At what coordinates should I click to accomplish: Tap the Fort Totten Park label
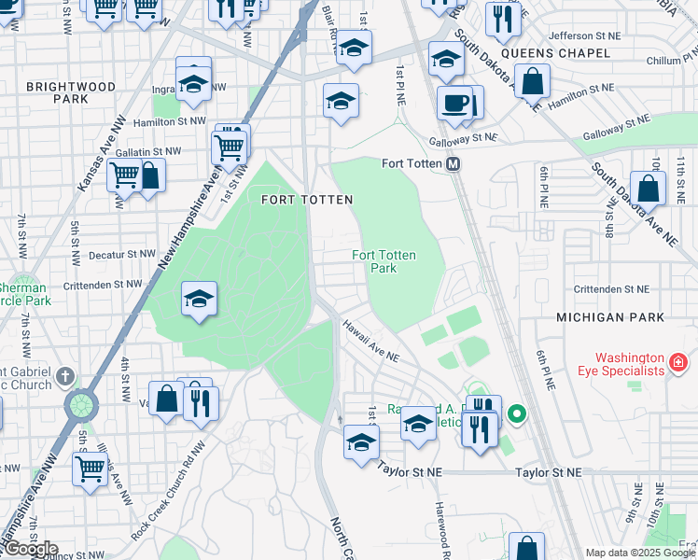pyautogui.click(x=384, y=261)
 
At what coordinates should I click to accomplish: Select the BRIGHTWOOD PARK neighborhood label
pyautogui.click(x=71, y=92)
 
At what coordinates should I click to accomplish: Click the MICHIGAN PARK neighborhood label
pyautogui.click(x=610, y=317)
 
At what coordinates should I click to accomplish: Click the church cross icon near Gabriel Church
pyautogui.click(x=63, y=376)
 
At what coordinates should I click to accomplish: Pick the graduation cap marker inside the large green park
pyautogui.click(x=199, y=299)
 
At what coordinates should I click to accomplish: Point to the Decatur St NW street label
pyautogui.click(x=121, y=254)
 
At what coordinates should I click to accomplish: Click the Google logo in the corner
pyautogui.click(x=31, y=549)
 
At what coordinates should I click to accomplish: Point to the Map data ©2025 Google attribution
pyautogui.click(x=640, y=553)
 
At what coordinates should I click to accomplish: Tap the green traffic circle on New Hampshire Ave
pyautogui.click(x=82, y=406)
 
